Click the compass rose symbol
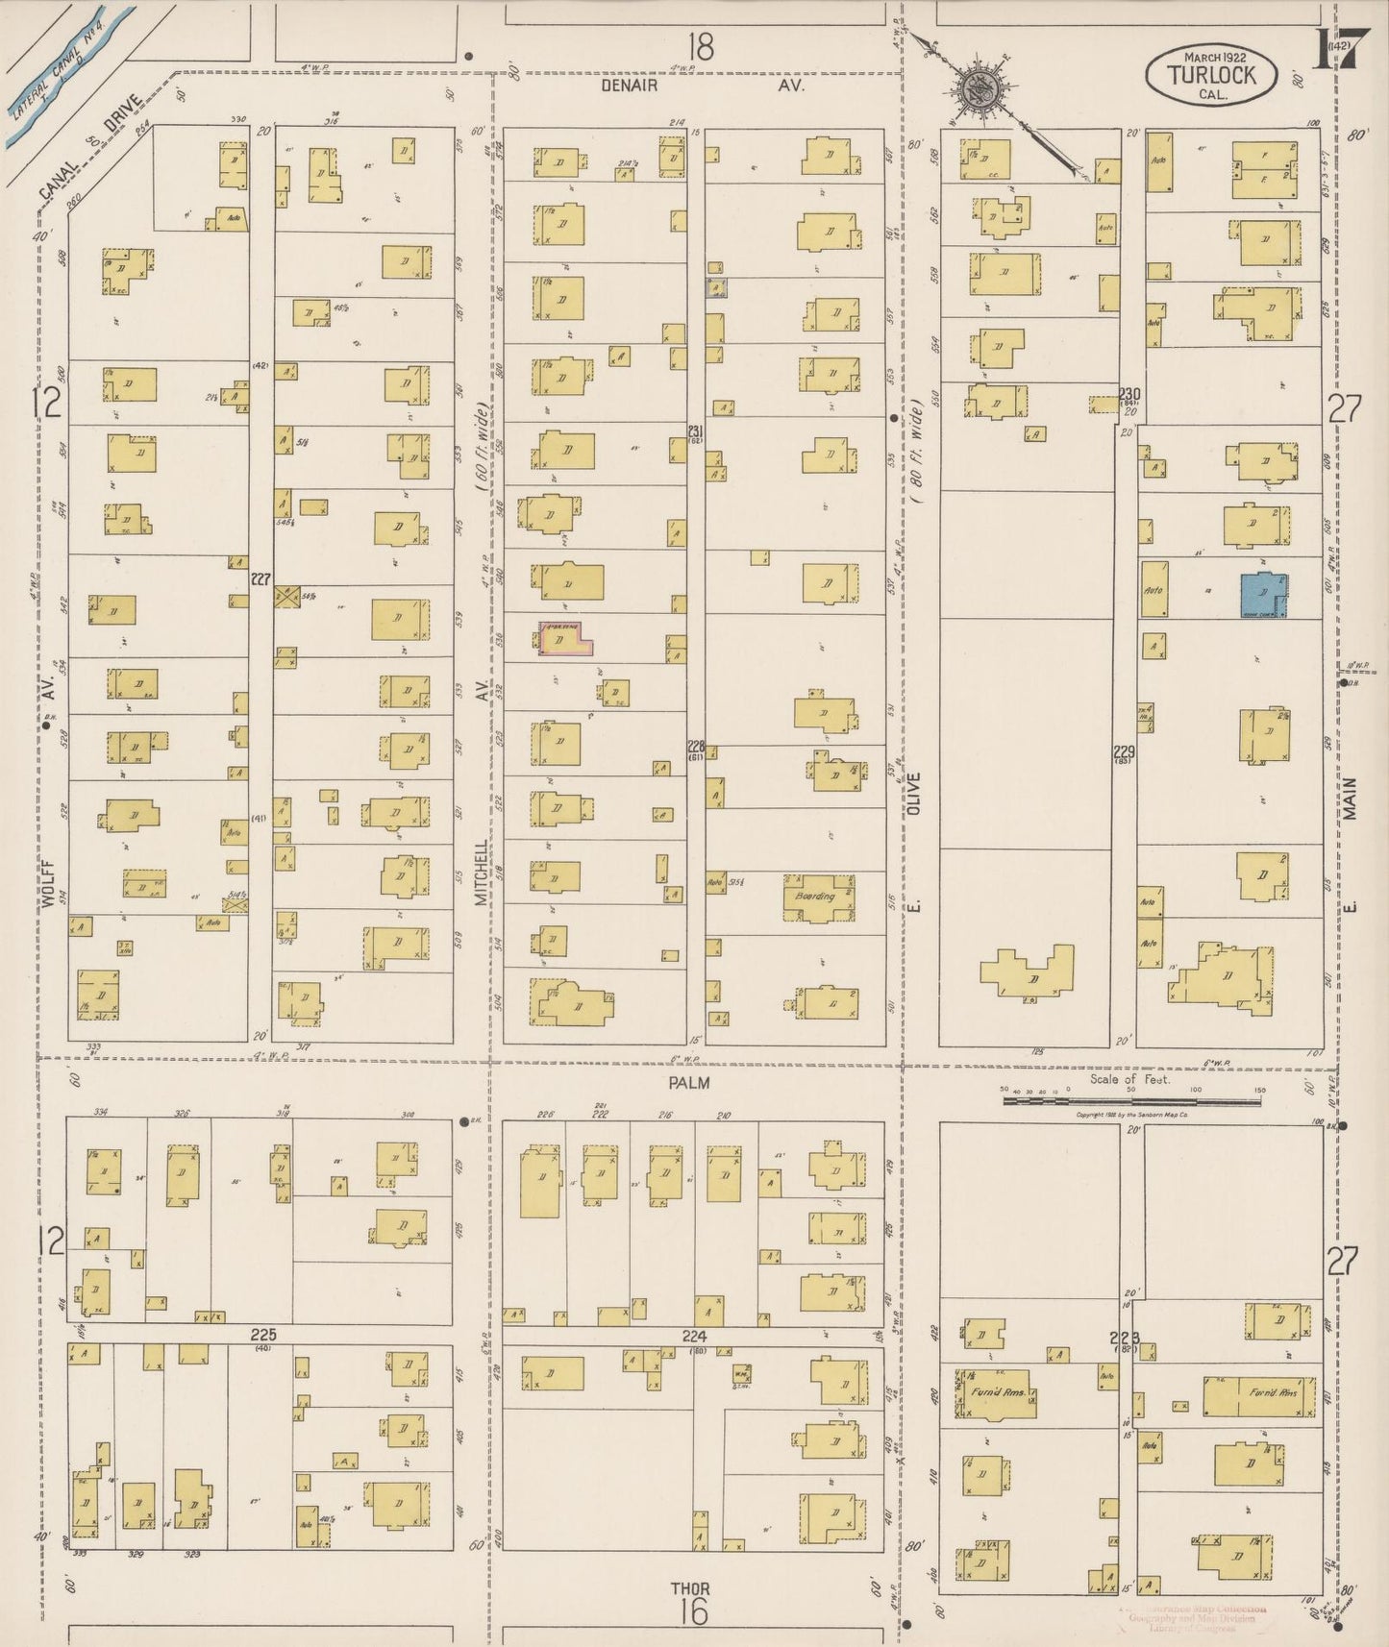(x=980, y=90)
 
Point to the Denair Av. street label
(x=703, y=86)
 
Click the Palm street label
(x=689, y=1083)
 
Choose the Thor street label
(x=691, y=1588)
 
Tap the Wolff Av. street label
(x=45, y=788)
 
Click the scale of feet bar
(x=1131, y=1101)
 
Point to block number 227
(x=260, y=578)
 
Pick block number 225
(x=263, y=1335)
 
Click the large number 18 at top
(x=701, y=46)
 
